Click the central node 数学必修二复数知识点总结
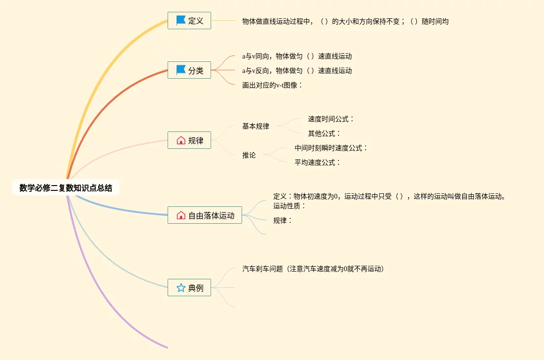tap(66, 188)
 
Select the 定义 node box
tap(189, 21)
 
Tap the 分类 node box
tap(189, 71)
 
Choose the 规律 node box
tap(189, 141)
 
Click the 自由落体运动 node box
tap(205, 215)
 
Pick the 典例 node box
tap(189, 288)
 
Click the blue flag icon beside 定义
tap(181, 20)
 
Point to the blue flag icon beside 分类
tap(181, 70)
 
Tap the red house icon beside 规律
tap(181, 141)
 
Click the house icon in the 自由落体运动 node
tap(181, 215)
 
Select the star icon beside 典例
tap(181, 288)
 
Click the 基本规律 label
tap(256, 126)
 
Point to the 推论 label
tap(249, 155)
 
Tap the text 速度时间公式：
tap(331, 119)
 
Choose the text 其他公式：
tap(324, 133)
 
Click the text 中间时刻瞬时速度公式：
tap(331, 148)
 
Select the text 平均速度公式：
tap(318, 162)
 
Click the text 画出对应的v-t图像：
tap(273, 85)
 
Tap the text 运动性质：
tap(290, 206)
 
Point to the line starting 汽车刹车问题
tap(313, 269)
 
